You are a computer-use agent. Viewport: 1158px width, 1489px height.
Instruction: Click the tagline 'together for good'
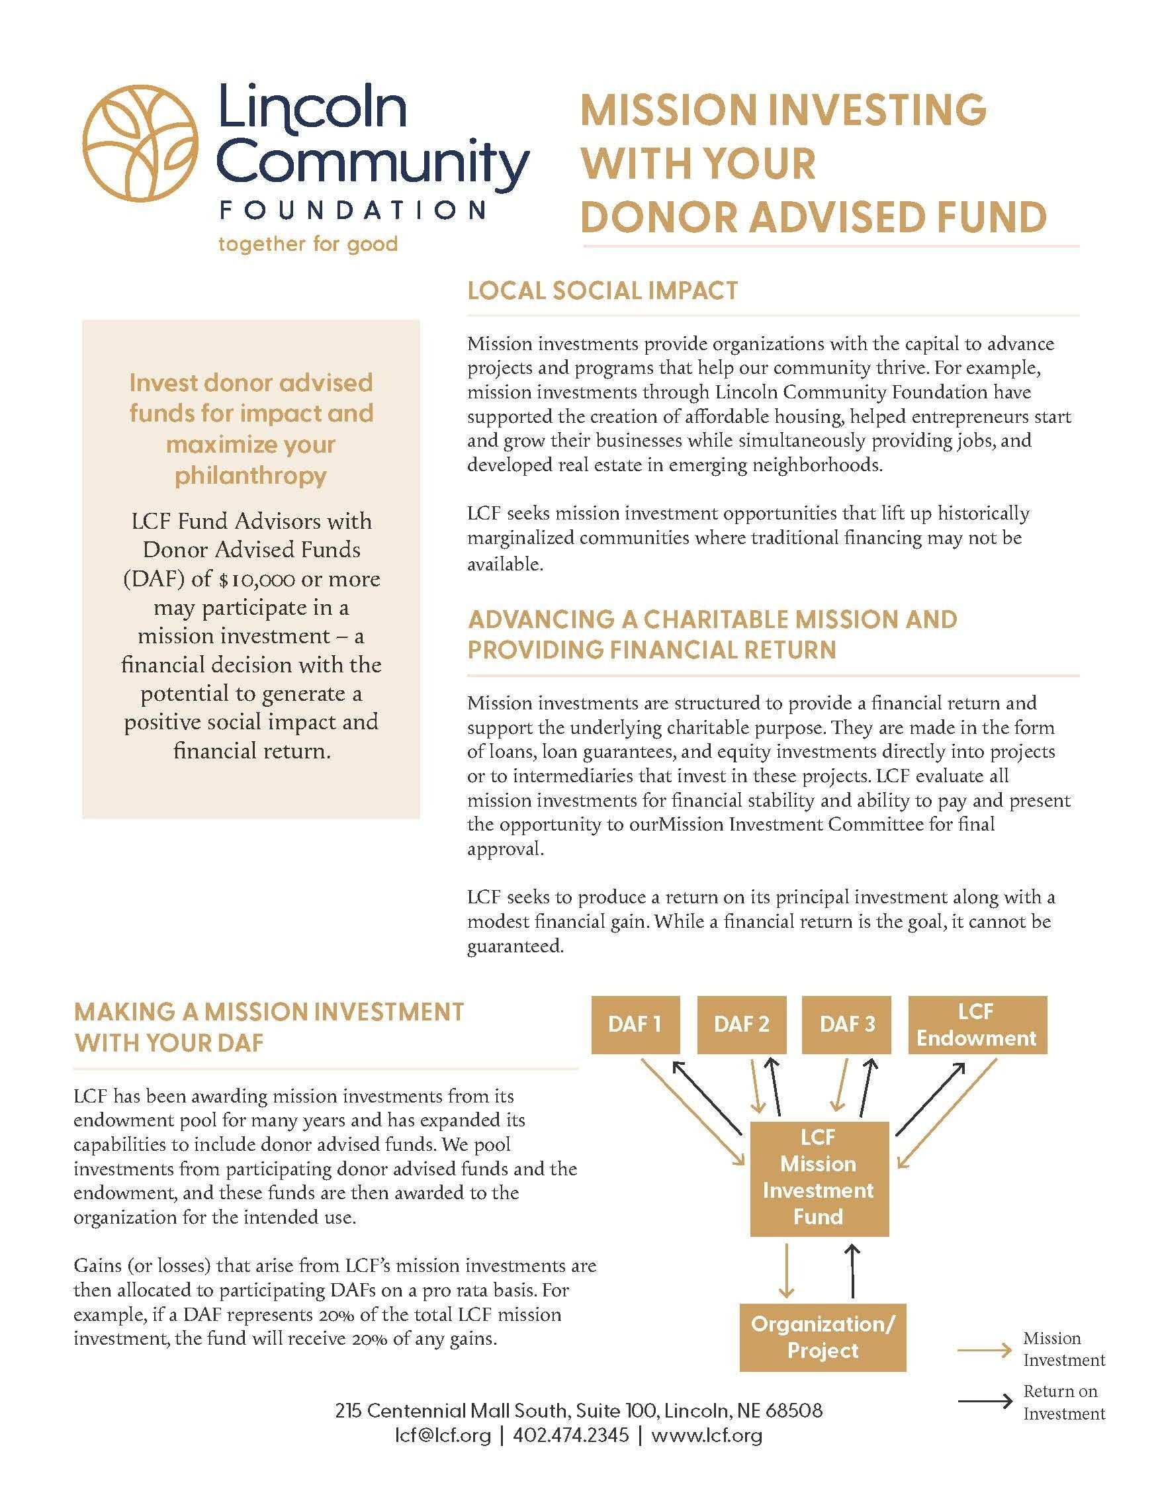click(308, 244)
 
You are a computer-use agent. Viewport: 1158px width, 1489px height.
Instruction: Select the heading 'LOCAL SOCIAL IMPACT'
click(603, 291)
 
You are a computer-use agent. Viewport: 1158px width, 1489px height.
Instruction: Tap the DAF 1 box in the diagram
click(635, 1025)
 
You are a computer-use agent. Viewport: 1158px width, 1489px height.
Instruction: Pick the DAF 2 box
click(742, 1025)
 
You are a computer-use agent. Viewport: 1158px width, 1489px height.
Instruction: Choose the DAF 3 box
click(847, 1025)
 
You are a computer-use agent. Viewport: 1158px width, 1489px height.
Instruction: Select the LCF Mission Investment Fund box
click(819, 1177)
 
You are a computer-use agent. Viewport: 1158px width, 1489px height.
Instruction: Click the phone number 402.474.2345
click(570, 1435)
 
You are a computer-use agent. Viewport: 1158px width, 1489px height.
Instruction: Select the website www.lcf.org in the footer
click(706, 1435)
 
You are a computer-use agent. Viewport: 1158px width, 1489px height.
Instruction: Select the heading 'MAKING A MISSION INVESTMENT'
click(269, 1012)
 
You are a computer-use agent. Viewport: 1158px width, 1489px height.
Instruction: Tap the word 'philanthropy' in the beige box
click(251, 476)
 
